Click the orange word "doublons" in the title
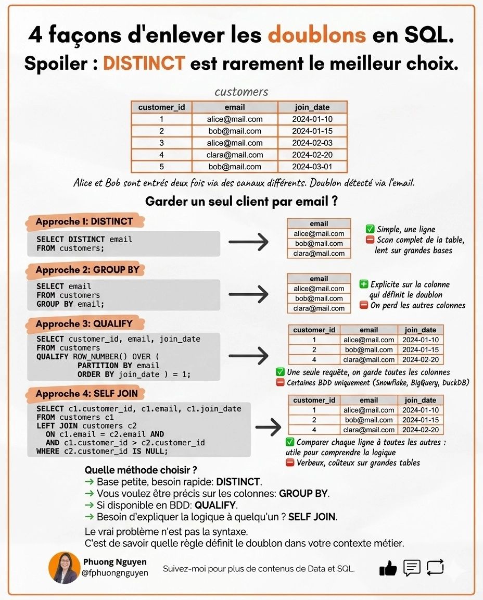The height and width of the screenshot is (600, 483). pos(317,35)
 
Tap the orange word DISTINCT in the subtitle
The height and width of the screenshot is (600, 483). pos(144,64)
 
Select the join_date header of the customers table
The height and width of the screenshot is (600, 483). pos(312,107)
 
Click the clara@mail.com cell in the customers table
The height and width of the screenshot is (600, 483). pos(235,155)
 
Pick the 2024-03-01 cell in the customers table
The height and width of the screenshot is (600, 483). pos(312,167)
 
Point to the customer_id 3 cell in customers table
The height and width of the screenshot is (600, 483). pos(161,143)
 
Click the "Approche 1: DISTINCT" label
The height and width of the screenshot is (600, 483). pos(84,221)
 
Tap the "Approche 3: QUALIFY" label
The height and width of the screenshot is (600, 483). pos(84,324)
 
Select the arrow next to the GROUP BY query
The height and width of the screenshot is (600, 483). pos(248,295)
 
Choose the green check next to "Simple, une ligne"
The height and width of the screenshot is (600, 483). pos(370,229)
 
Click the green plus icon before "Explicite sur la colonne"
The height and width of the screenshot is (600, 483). pos(364,284)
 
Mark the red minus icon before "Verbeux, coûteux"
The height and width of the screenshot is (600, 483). pos(290,463)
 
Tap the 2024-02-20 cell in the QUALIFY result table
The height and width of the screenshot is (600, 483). pos(421,359)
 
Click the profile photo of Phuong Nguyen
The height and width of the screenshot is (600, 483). pos(64,568)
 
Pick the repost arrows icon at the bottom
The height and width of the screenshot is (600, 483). pos(435,567)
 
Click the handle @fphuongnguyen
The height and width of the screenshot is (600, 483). pos(116,572)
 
